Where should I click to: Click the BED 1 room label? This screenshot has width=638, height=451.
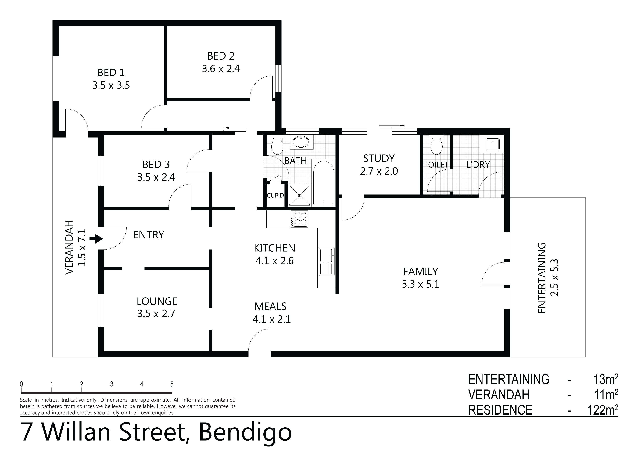click(111, 73)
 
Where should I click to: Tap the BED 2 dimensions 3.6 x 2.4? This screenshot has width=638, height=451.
click(221, 69)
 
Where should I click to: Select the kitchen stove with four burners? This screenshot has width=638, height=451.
click(299, 219)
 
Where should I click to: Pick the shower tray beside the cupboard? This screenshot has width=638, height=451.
click(299, 195)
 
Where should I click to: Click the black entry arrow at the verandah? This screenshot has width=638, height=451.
click(96, 239)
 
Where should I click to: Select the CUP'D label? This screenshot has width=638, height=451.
click(275, 196)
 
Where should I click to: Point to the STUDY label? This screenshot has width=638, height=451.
click(379, 158)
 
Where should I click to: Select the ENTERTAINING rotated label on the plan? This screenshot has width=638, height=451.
click(542, 278)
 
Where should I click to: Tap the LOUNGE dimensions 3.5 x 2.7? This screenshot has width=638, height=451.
click(156, 314)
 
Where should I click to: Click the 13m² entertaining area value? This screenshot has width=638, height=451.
click(606, 379)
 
